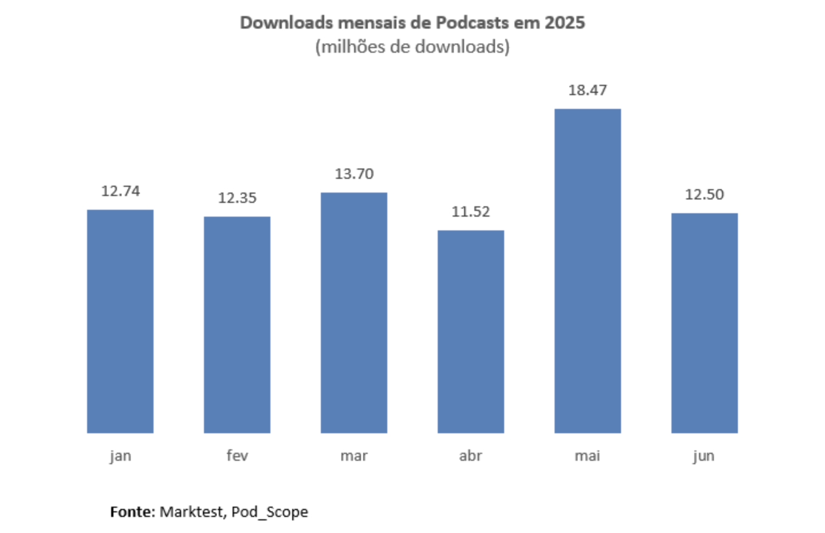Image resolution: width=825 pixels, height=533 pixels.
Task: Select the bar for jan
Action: coord(120,321)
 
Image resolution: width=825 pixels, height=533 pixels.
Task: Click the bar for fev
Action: coord(237,324)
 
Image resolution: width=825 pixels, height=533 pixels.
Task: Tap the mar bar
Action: coord(354,312)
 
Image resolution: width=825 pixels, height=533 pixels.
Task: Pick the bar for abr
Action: coord(471,331)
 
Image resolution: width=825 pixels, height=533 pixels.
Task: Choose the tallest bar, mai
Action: coord(588,271)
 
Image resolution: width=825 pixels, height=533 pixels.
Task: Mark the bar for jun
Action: coord(705,323)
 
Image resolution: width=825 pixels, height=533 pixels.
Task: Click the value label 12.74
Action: coord(120,191)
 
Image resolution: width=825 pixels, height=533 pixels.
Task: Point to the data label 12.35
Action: coord(237,198)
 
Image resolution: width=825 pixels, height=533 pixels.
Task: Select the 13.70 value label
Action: coord(354,174)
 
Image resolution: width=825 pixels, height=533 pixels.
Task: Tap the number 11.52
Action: coord(471,211)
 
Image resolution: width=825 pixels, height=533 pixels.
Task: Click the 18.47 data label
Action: coord(588,90)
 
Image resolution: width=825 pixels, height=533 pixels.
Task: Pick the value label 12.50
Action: coord(705,194)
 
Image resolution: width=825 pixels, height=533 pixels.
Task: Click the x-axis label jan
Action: coord(120,456)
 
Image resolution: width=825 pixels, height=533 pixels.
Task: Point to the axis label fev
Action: coord(237,456)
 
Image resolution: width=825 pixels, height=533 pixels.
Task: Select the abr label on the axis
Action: coord(471,456)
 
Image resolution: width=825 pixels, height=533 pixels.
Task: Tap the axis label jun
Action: coord(704,456)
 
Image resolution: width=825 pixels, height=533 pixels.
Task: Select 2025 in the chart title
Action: coord(565,23)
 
